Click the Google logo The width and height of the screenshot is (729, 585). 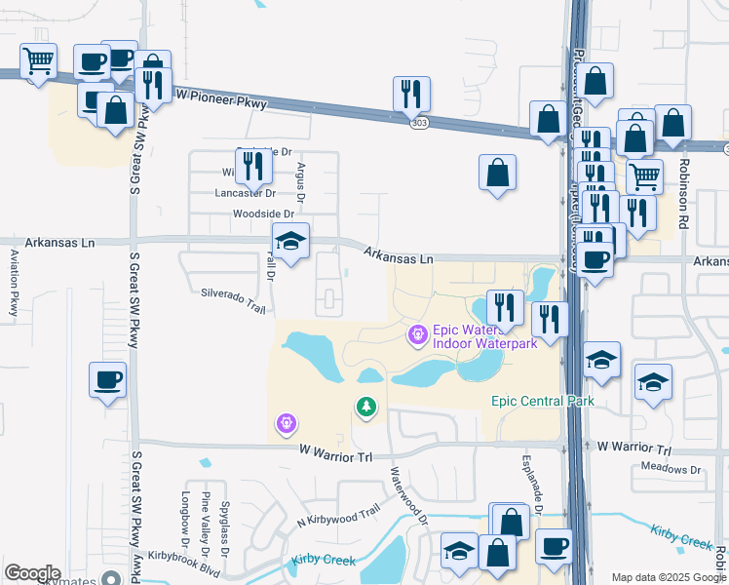32,573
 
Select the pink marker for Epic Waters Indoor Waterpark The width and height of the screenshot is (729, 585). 418,335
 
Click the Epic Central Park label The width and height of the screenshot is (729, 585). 542,401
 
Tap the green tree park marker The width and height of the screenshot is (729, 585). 366,407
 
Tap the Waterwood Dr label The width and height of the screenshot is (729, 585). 410,493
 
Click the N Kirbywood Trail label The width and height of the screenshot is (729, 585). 338,518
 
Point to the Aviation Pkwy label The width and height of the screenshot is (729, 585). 15,283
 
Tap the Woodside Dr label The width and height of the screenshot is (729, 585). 262,214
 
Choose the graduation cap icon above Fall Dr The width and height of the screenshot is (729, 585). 290,243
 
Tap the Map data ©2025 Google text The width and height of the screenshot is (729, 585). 667,577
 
